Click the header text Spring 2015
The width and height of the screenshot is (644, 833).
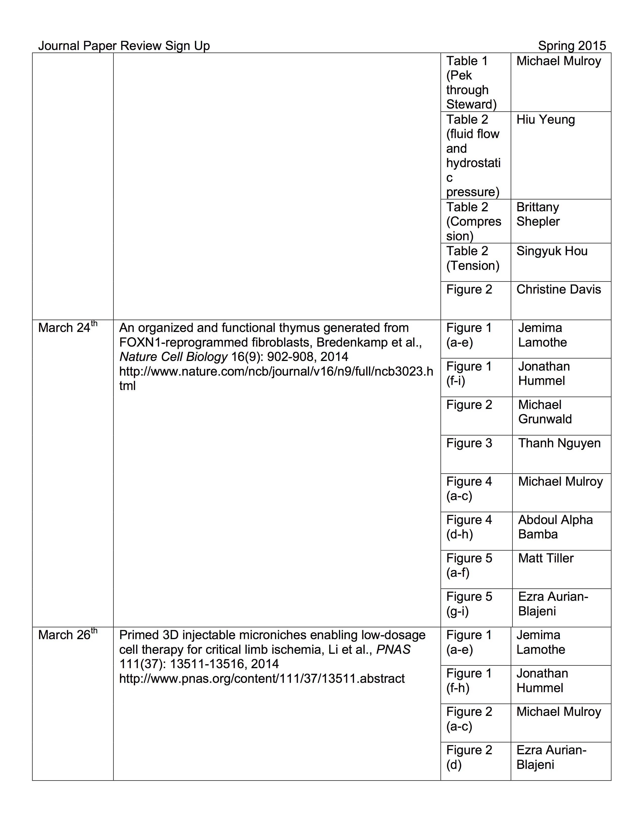coord(572,46)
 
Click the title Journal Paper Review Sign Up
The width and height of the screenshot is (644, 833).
coord(124,46)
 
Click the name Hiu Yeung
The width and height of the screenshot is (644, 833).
coord(545,119)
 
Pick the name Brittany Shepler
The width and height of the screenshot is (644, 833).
coord(538,214)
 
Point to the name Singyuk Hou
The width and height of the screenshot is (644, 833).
coord(552,251)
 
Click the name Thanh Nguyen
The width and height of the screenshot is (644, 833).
coord(559,443)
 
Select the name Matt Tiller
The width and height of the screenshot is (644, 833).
coord(546,558)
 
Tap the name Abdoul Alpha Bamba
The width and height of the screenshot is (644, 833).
coord(555,527)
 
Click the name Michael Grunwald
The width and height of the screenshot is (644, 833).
coord(545,411)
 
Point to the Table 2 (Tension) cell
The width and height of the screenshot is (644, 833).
coord(473,258)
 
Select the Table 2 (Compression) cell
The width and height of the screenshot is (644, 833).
coord(474,221)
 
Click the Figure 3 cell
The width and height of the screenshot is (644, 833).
coord(469,443)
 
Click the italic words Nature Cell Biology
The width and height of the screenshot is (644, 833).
coord(174,357)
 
